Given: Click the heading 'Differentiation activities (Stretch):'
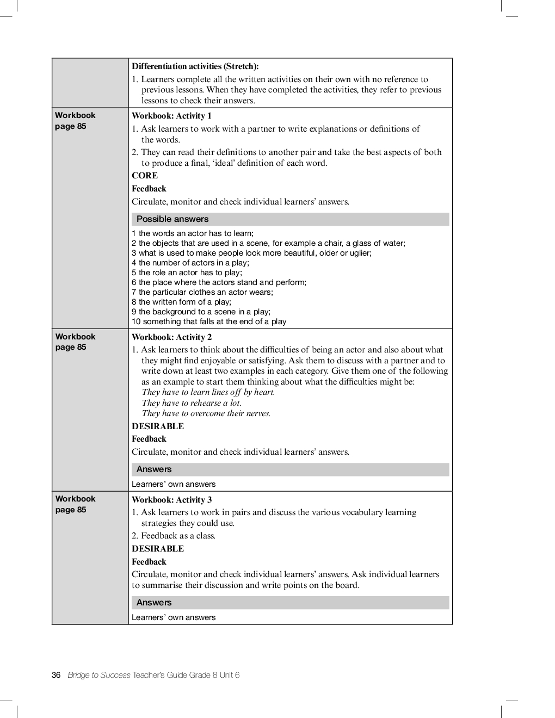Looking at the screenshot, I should pyautogui.click(x=195, y=66).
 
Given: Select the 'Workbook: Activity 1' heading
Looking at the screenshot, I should pyautogui.click(x=171, y=116).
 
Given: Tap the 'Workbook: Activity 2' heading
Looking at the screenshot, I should pyautogui.click(x=171, y=337).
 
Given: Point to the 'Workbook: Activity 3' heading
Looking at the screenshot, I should pyautogui.click(x=171, y=500).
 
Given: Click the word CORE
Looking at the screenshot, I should pyautogui.click(x=145, y=176).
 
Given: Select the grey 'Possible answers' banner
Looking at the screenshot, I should pyautogui.click(x=290, y=219).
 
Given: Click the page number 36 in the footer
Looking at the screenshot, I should pyautogui.click(x=55, y=675).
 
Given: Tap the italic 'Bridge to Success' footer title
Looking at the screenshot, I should pyautogui.click(x=98, y=675).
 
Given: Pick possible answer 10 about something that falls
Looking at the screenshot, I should pyautogui.click(x=209, y=321).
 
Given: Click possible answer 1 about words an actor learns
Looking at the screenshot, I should pyautogui.click(x=193, y=233).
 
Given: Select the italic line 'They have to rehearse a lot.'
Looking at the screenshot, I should pyautogui.click(x=192, y=403).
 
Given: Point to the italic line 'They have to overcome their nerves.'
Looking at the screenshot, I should pyautogui.click(x=206, y=413).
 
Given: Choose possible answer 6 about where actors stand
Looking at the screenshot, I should pyautogui.click(x=219, y=282).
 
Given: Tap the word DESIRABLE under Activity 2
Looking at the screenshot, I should pyautogui.click(x=158, y=426).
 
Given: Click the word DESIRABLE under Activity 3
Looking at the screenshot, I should pyautogui.click(x=158, y=549).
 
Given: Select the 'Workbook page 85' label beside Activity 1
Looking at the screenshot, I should pyautogui.click(x=75, y=121).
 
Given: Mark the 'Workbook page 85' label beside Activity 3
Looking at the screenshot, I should pyautogui.click(x=75, y=504).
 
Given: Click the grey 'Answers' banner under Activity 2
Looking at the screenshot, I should pyautogui.click(x=290, y=469).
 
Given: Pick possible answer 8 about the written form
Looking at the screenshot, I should pyautogui.click(x=181, y=302).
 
